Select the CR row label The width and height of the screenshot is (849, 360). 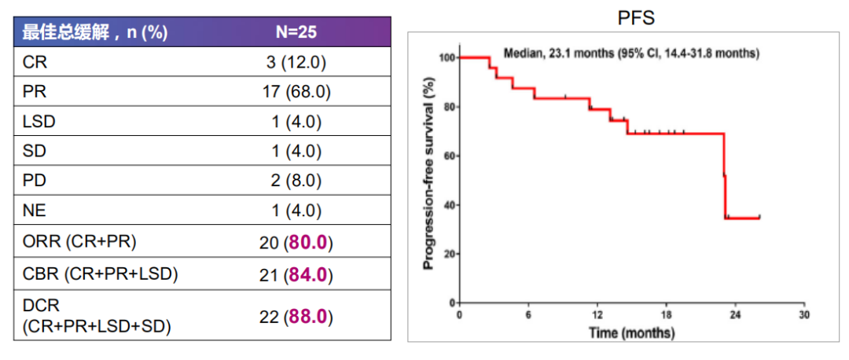pyautogui.click(x=35, y=62)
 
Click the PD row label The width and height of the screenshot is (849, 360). pyautogui.click(x=35, y=181)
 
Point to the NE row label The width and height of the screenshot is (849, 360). pyautogui.click(x=35, y=211)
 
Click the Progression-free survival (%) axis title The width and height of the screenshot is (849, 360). pyautogui.click(x=429, y=174)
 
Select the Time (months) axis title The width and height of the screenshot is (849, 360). pyautogui.click(x=631, y=333)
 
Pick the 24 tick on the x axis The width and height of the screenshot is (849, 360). pyautogui.click(x=736, y=314)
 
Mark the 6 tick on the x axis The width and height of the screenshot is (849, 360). pyautogui.click(x=528, y=314)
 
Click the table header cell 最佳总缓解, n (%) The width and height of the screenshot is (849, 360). pyautogui.click(x=94, y=32)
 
